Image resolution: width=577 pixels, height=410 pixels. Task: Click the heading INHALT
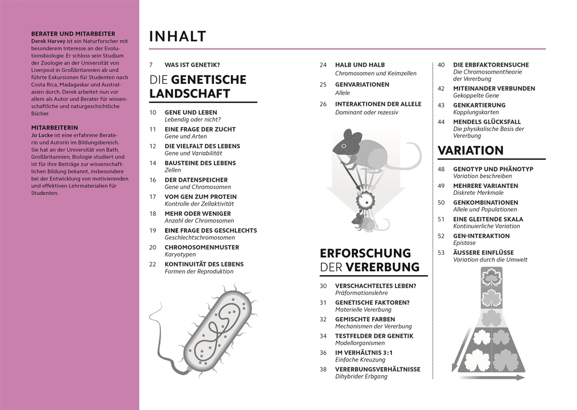click(178, 37)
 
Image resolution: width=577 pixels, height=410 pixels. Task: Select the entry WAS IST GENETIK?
click(192, 65)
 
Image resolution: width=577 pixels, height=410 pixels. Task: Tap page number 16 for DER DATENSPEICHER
click(153, 180)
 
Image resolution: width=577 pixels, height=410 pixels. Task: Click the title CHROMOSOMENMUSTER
click(201, 247)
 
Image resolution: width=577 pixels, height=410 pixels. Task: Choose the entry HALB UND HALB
click(360, 65)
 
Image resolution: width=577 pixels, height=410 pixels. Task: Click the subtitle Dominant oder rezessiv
click(367, 112)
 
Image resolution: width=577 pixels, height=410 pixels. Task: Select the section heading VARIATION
click(471, 150)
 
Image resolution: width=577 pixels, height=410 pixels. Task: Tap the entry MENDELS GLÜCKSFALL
click(487, 122)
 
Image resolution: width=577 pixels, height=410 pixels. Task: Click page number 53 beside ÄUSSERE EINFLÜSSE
click(441, 253)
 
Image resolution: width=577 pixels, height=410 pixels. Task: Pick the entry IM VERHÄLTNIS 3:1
click(364, 352)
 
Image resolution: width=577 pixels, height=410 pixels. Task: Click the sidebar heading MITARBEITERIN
click(54, 128)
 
